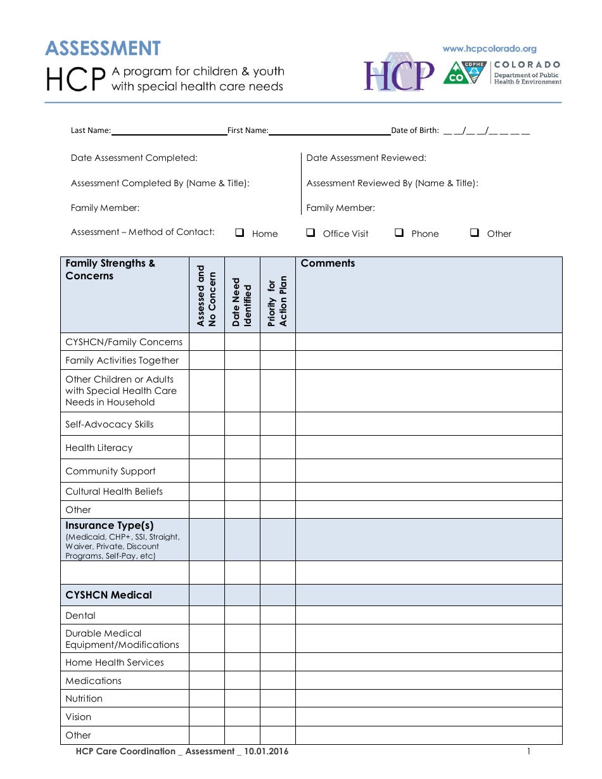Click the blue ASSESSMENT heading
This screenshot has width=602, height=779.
click(103, 49)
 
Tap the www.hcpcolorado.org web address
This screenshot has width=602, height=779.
click(489, 49)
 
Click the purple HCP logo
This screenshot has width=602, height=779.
click(399, 75)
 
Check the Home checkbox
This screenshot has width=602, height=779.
click(240, 232)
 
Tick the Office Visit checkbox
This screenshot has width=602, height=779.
click(311, 232)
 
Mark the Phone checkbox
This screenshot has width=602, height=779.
click(399, 232)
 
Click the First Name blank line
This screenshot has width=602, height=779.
click(330, 131)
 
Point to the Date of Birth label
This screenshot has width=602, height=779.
click(414, 130)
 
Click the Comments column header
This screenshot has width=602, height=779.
click(328, 263)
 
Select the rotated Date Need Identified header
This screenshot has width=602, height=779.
click(242, 302)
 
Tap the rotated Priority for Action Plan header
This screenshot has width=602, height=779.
click(278, 301)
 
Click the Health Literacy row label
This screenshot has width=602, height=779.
click(99, 448)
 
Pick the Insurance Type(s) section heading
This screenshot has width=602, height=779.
click(109, 526)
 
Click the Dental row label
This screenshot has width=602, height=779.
click(80, 616)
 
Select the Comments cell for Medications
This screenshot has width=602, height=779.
click(428, 681)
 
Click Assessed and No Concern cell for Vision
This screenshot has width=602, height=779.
click(207, 717)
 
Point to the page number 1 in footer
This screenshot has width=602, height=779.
click(528, 752)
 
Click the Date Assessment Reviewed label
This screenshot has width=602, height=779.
click(366, 158)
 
